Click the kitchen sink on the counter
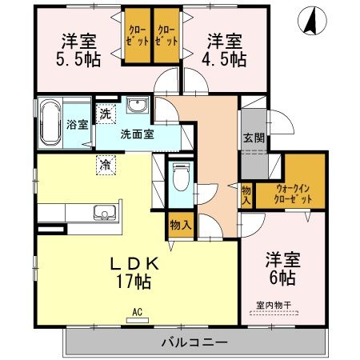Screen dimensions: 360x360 point(103,213)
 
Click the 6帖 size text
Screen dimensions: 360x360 point(282,278)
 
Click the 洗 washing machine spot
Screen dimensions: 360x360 point(106,114)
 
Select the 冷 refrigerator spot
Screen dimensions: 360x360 point(106,165)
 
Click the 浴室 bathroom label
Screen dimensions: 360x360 point(77,125)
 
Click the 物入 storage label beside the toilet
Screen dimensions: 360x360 point(181,226)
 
